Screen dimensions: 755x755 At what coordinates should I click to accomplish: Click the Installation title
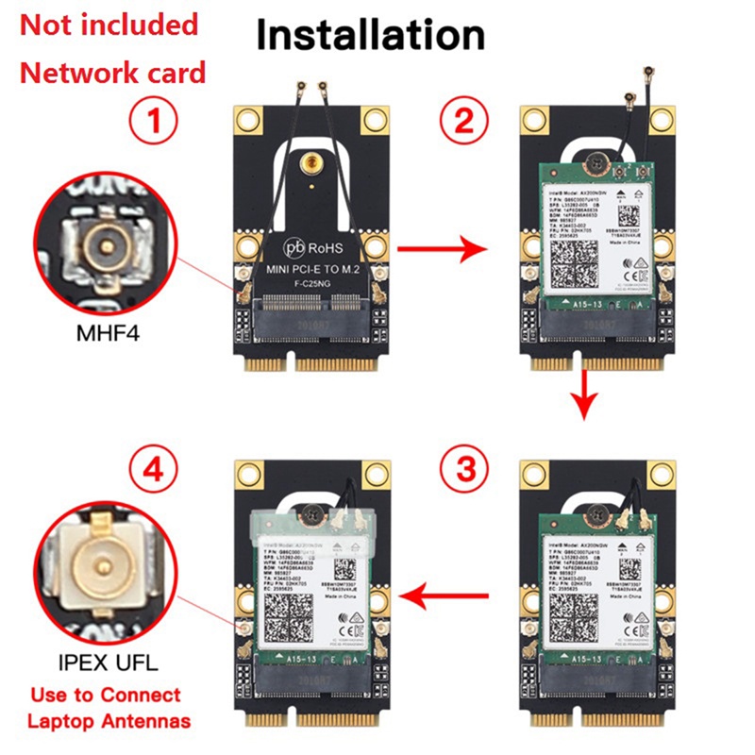(x=371, y=35)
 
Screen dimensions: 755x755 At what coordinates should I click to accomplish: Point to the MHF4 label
(x=109, y=332)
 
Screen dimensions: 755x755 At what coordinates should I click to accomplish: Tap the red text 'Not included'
(x=109, y=25)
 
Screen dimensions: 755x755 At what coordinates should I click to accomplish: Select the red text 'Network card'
(x=113, y=73)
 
